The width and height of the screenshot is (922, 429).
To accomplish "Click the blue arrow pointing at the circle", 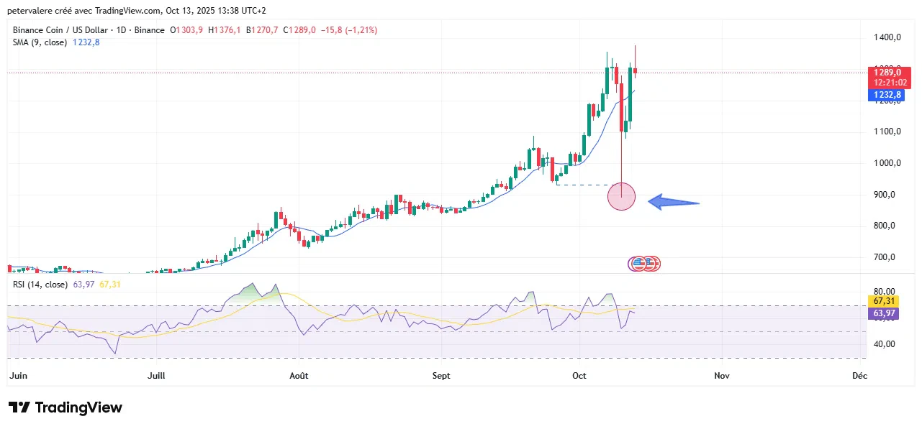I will coord(674,203).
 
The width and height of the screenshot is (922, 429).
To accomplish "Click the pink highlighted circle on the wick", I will coord(621,195).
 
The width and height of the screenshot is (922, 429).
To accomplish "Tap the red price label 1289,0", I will coord(886,73).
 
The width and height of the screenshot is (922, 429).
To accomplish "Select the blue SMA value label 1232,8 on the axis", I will coord(886,95).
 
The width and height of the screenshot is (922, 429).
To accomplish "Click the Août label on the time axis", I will coord(298,376).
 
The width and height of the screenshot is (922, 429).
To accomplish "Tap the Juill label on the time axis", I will coord(156,376).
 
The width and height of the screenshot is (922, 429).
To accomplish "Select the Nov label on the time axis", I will coord(722,376).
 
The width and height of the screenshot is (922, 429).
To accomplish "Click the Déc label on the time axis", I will coord(859,376).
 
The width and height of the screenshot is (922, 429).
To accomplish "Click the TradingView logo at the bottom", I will coord(65,407).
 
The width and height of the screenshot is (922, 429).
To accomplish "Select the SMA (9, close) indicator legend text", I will coord(40,42).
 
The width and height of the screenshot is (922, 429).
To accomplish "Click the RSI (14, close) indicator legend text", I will coord(41,285).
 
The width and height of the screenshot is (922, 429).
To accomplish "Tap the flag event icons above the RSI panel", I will coord(644,264).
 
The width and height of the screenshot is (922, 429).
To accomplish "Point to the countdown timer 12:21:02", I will coord(886,83).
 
